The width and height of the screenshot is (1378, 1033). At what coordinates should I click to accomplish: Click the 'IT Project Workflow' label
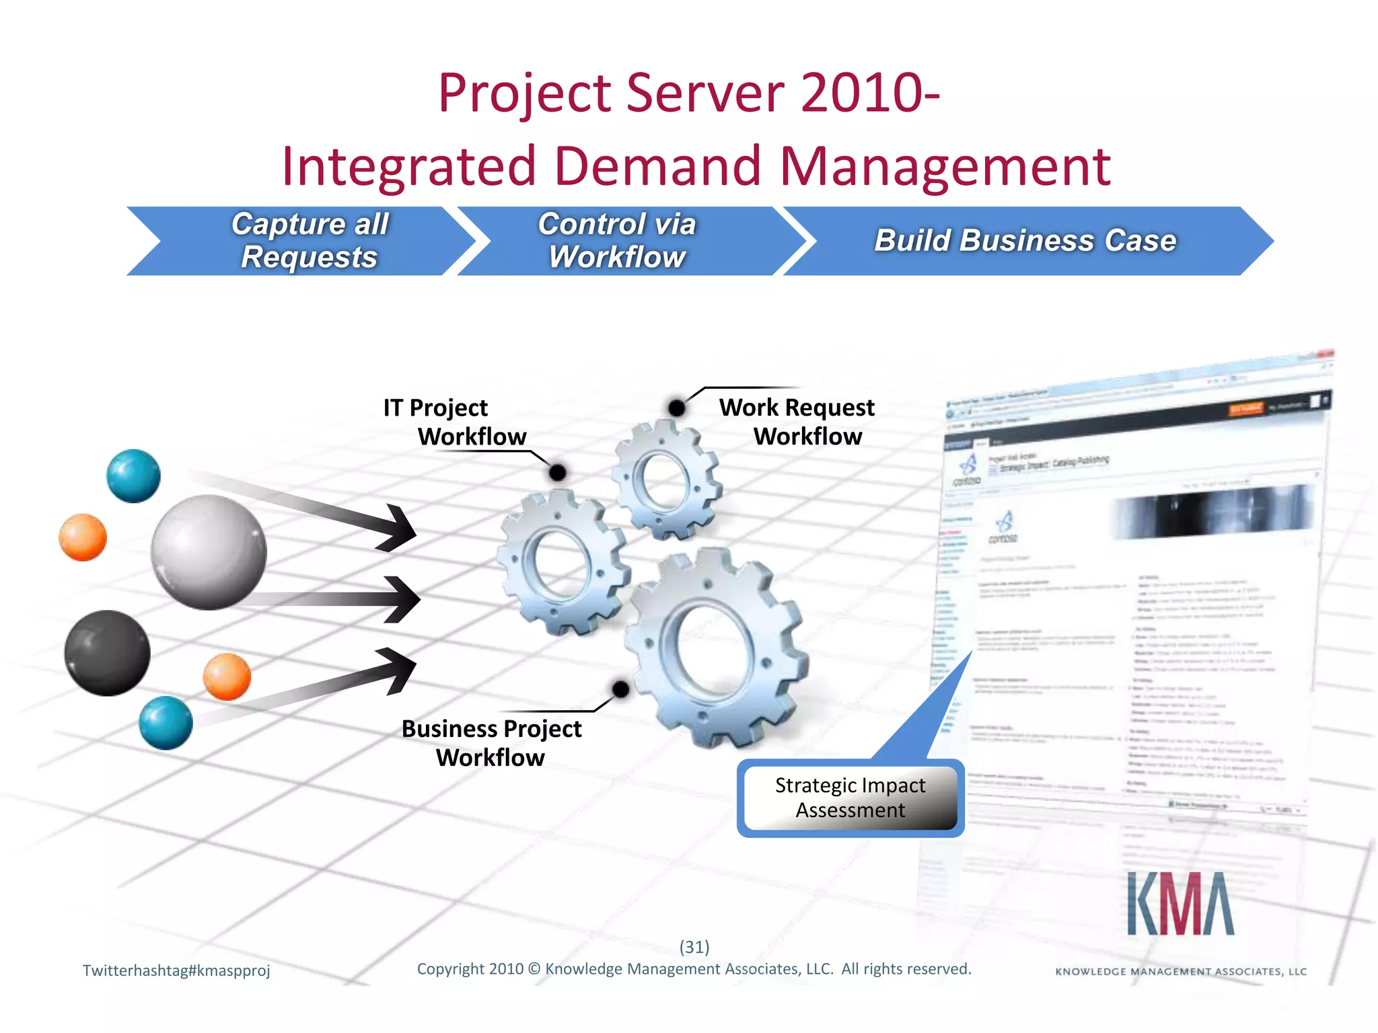[x=455, y=422]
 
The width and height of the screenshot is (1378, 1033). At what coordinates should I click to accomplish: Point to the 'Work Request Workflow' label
[x=797, y=422]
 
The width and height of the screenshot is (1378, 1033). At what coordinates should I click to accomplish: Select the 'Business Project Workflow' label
[x=491, y=743]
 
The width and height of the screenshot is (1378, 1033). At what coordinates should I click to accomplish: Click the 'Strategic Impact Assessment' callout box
[x=850, y=798]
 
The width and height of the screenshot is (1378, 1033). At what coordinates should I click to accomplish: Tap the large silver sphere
[x=209, y=552]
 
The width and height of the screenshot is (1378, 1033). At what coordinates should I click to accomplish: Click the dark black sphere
[x=107, y=653]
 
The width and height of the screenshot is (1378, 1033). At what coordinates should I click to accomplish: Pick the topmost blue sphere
[x=133, y=476]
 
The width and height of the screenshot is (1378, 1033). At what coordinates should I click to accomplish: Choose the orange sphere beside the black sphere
[x=227, y=677]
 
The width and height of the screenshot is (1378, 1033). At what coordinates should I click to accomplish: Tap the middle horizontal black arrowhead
[x=404, y=599]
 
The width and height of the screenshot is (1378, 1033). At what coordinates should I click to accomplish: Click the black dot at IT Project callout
[x=557, y=473]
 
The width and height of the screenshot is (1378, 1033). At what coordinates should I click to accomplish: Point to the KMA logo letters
[x=1180, y=905]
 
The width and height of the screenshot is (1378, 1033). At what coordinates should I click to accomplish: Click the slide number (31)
[x=694, y=947]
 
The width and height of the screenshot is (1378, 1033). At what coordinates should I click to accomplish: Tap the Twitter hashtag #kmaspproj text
[x=176, y=970]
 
